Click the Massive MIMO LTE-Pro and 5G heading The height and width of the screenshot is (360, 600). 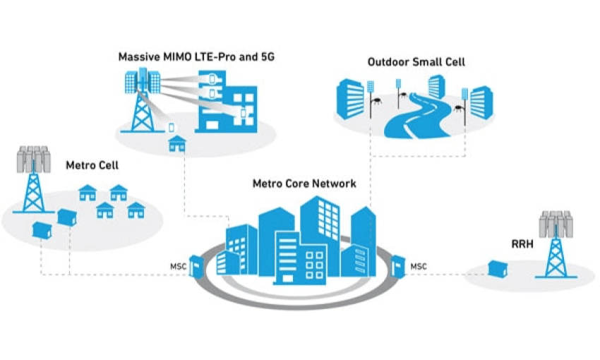[196, 56]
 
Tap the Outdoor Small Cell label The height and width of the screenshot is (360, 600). [416, 62]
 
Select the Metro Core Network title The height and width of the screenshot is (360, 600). [304, 184]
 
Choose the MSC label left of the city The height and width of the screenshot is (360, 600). [179, 266]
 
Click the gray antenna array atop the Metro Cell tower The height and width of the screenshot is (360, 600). [34, 160]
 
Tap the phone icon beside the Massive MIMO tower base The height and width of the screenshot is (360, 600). [171, 128]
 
